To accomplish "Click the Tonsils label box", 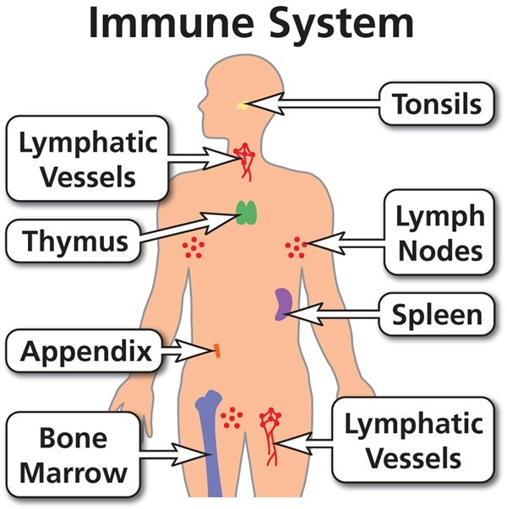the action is pos(437,104).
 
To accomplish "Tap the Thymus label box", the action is pos(74,241).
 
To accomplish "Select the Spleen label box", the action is pos(437,314).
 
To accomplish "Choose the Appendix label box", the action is pos(84,350).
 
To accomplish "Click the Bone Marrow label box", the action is pos(74,455).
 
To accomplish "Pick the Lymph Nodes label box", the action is pos(439,232).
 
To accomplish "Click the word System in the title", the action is pos(341,24).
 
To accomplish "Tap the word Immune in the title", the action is pos(172,21).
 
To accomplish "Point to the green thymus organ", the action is pos(247,213).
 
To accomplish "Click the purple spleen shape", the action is pos(283,304).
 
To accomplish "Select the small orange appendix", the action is pos(217,351).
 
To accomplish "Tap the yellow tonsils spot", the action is pos(242,106).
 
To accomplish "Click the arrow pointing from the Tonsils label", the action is pos(311,104).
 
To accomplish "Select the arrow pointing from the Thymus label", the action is pos(188,227).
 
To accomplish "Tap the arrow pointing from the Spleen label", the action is pos(331,314).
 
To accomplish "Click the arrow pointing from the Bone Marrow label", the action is pos(173,454).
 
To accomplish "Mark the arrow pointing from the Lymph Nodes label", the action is pos(344,243).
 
